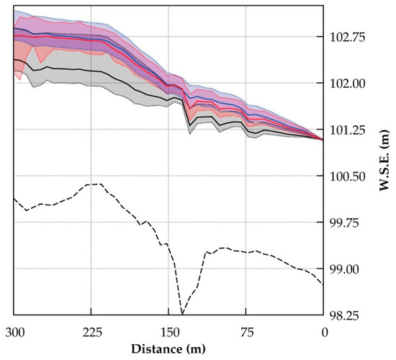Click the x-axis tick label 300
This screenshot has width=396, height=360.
(x=14, y=331)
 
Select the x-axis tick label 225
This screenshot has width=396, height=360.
(x=91, y=331)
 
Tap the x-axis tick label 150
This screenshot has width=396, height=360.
(x=168, y=331)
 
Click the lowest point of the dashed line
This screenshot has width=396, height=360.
(x=182, y=315)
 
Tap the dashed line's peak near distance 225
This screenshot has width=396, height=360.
(x=94, y=184)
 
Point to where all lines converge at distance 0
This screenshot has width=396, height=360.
(x=323, y=138)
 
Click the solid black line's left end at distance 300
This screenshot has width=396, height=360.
(x=14, y=60)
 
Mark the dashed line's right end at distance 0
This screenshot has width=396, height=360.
(x=323, y=284)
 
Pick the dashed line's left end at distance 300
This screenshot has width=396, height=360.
(x=14, y=198)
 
